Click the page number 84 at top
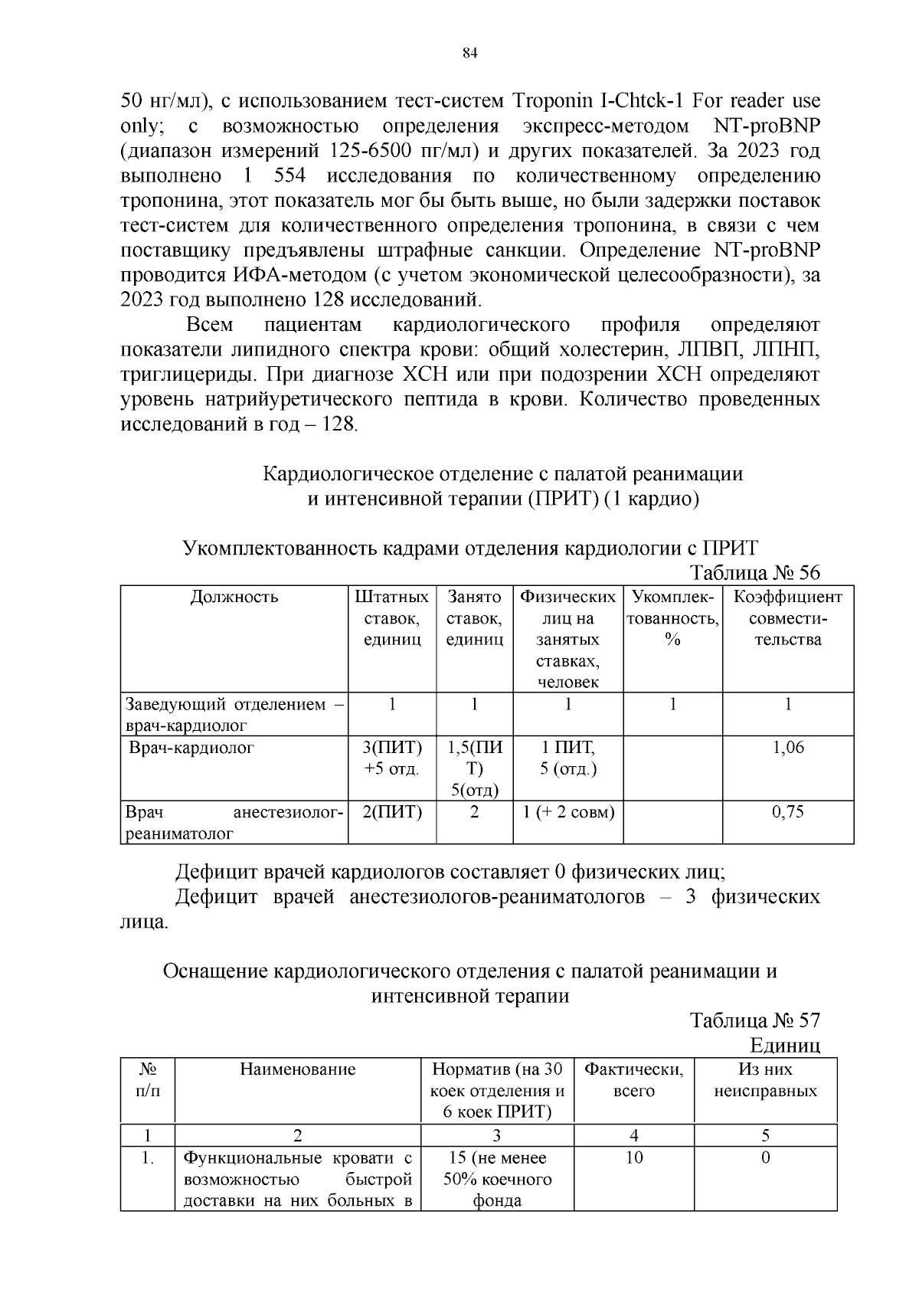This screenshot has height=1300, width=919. pos(470,53)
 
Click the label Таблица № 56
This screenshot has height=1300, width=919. pos(754,573)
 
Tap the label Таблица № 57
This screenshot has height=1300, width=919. pos(754,1020)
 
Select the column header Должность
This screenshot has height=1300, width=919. pos(234,598)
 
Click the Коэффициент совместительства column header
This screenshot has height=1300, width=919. pos(787,617)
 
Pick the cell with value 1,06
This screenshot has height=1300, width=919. pos(788,748)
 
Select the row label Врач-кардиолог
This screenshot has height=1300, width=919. pos(191,748)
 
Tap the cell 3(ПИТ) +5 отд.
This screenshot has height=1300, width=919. pos(392,758)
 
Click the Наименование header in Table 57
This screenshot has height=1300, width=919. pos(297,1069)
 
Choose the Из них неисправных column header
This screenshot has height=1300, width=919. pos(765,1080)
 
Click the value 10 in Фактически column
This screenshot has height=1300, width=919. pos(633,1158)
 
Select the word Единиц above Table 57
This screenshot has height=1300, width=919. pos(785,1045)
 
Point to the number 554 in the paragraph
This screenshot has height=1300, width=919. pos(289,176)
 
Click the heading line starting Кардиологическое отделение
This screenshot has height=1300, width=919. pos(502,473)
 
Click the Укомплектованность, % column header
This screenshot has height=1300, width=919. pos(672,617)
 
